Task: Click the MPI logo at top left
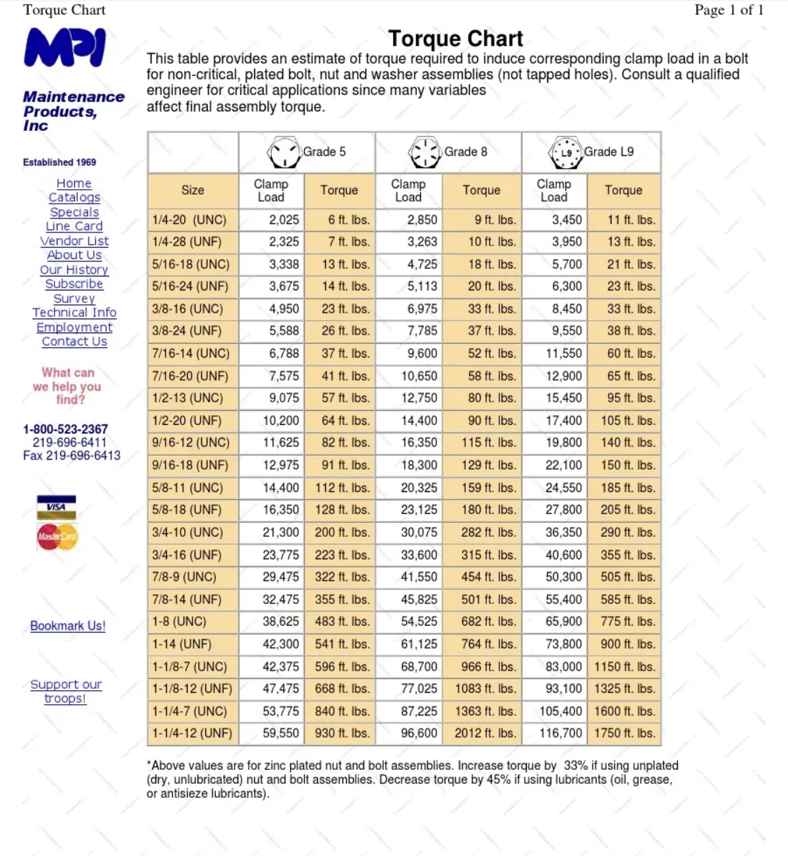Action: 64,47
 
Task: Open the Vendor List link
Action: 74,241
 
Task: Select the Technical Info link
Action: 74,312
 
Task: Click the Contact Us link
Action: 74,342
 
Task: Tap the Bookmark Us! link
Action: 68,626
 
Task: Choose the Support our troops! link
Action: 66,691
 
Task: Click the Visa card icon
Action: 56,507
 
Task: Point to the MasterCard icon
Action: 57,537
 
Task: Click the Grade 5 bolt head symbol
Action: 284,152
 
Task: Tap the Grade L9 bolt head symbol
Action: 566,153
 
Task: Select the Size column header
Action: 193,190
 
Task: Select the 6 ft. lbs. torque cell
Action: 349,220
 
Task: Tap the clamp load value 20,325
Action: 419,488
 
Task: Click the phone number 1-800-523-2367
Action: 65,429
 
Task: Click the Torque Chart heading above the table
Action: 455,38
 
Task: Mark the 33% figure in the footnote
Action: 576,766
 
